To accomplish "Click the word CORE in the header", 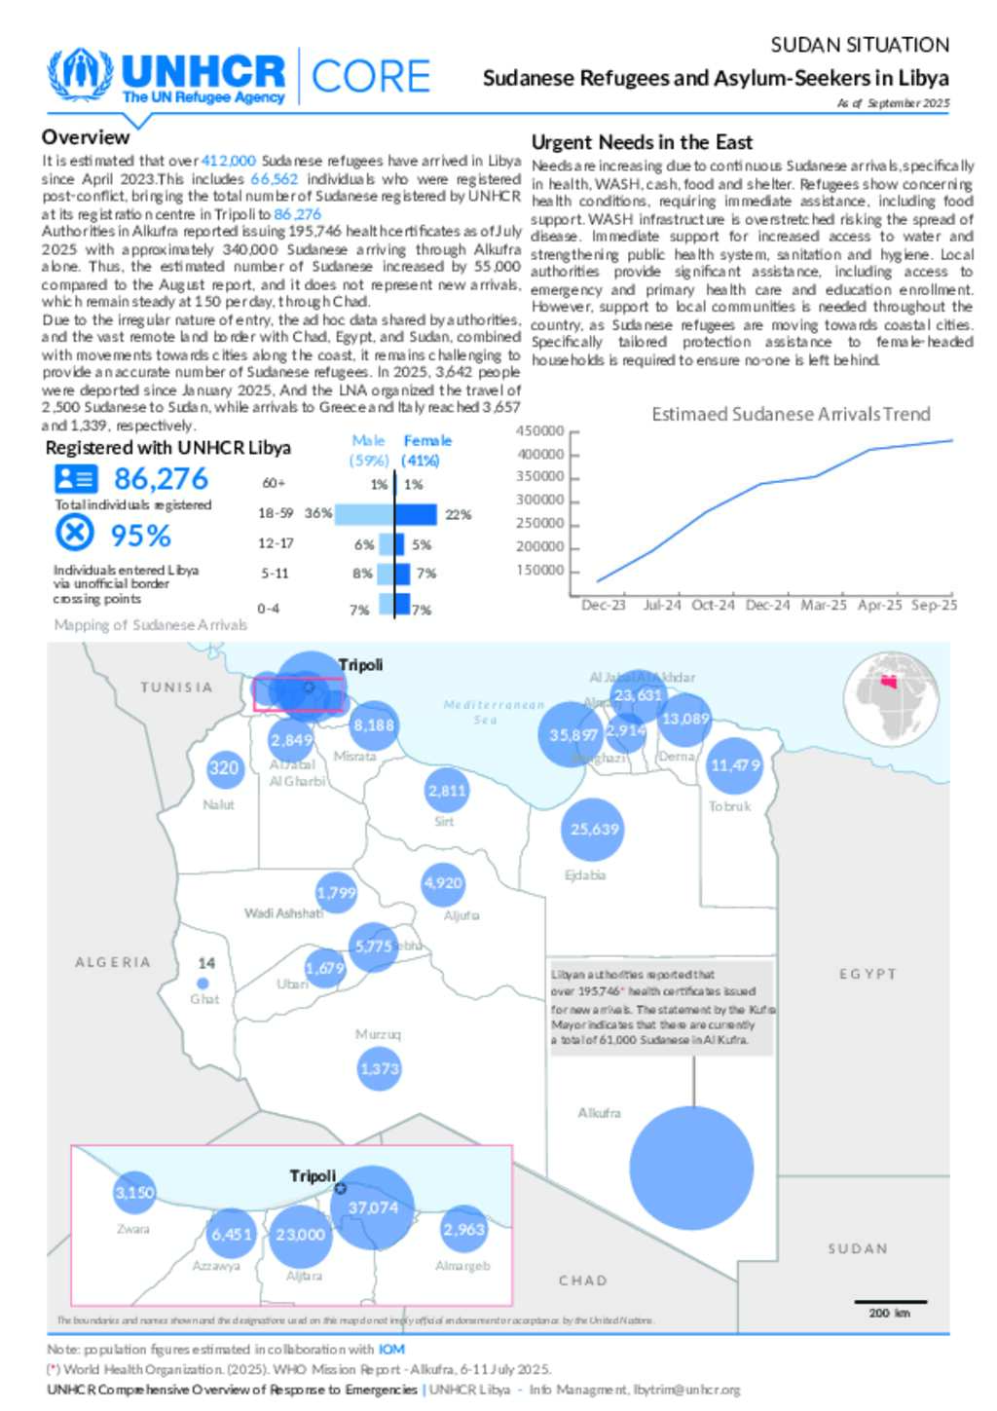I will [x=371, y=76].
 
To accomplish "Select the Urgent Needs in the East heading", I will [x=642, y=142].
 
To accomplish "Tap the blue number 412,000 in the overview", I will [x=228, y=161].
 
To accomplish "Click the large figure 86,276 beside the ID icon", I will [x=161, y=478].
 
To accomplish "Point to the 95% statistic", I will [x=140, y=536].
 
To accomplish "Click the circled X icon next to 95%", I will [x=75, y=533].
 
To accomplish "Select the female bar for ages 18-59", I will [x=417, y=514].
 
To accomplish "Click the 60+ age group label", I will [x=274, y=483].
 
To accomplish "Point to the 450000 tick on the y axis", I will [x=539, y=431].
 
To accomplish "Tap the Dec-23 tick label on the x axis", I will [x=603, y=605].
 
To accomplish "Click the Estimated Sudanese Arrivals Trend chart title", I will [x=791, y=414].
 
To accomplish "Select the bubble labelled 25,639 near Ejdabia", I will [x=594, y=830].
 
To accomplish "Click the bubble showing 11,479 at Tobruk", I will [x=734, y=765].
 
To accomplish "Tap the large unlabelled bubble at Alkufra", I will [x=691, y=1168].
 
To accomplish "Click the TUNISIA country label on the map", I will [x=176, y=687].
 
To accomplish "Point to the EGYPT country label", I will [x=868, y=974].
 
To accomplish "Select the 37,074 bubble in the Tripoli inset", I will [x=373, y=1207].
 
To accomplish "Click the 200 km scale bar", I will [x=890, y=1302].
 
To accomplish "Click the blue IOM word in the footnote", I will [x=391, y=1350].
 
